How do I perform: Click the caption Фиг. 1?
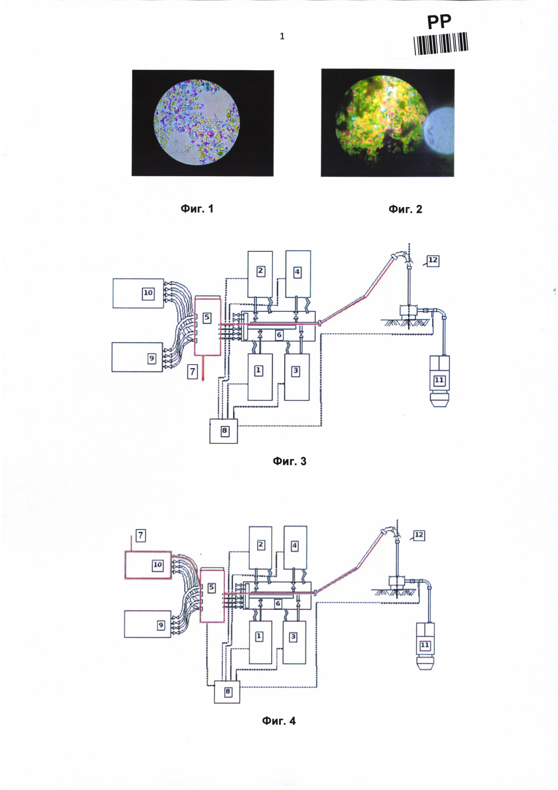(197, 209)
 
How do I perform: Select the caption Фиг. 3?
(289, 461)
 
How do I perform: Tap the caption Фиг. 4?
(279, 721)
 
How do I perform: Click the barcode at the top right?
(441, 43)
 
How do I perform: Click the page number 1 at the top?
(282, 36)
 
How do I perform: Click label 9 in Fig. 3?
(151, 359)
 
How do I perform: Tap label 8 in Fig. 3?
(224, 431)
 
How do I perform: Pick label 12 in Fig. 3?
(433, 260)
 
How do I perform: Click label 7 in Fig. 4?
(141, 536)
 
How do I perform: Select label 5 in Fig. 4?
(212, 588)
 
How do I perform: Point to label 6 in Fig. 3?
(279, 335)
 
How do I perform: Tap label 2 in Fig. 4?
(261, 545)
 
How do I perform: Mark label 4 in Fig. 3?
(297, 272)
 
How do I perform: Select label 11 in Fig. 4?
(425, 645)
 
